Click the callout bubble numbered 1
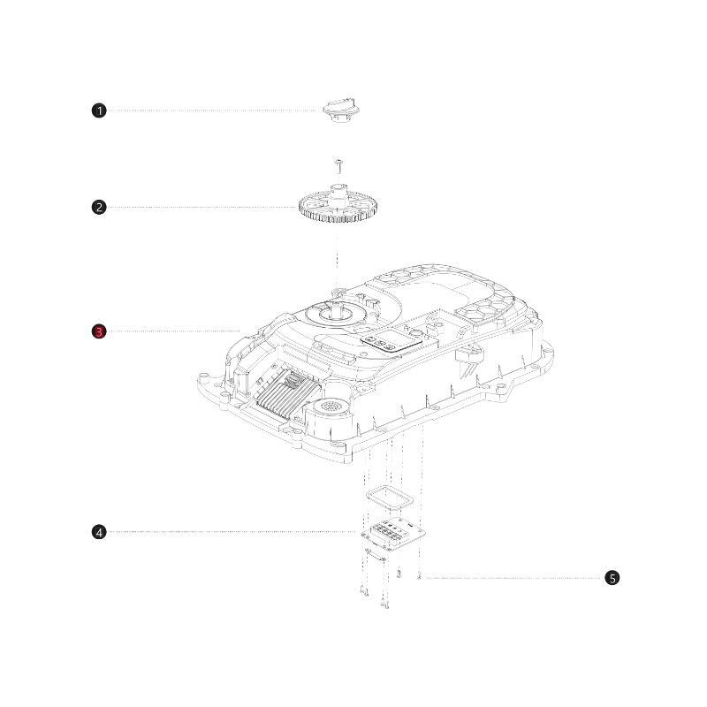point(99,110)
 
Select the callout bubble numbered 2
point(99,208)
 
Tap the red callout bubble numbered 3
point(99,331)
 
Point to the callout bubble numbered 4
point(99,532)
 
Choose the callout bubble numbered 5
point(612,578)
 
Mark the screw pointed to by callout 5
point(419,576)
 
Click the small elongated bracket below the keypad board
point(375,555)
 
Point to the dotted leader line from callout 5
point(513,578)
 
